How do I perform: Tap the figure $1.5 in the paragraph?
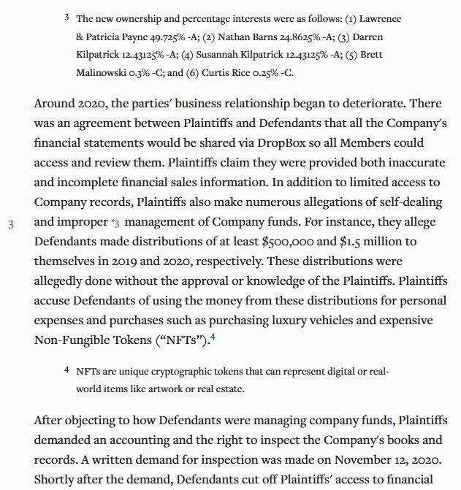pyautogui.click(x=354, y=241)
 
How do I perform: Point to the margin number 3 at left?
pyautogui.click(x=11, y=224)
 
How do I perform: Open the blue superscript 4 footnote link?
pyautogui.click(x=213, y=337)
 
